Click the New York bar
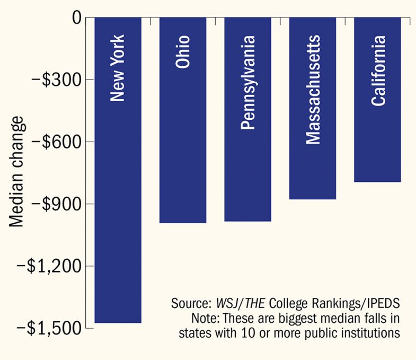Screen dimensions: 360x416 pos(118,212)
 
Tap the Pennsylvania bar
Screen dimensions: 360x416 pos(248,159)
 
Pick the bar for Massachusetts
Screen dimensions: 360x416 pos(313,159)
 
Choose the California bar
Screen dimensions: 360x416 pos(377,133)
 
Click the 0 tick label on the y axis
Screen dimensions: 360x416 pos(75,17)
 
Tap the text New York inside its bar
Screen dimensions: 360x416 pos(118,68)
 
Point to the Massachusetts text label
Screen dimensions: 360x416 pos(313,90)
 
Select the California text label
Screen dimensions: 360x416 pos(378,71)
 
